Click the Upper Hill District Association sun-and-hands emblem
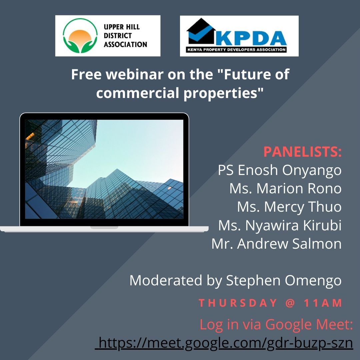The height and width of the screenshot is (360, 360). [80, 36]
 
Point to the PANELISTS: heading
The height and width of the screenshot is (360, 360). [302, 152]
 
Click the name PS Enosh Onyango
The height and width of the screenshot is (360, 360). [280, 170]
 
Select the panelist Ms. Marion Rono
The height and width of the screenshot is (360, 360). [285, 188]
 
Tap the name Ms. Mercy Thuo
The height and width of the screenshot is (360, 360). [289, 207]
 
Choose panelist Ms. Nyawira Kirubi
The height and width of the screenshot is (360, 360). [280, 225]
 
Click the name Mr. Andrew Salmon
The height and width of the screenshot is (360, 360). [276, 244]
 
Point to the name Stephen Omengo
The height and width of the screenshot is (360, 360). [284, 281]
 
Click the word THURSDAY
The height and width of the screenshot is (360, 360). [238, 303]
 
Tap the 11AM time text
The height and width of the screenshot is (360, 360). [323, 303]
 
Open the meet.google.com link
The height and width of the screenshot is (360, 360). [224, 343]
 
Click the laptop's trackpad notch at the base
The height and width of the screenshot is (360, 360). [104, 228]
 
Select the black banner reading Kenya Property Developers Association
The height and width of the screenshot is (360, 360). [236, 49]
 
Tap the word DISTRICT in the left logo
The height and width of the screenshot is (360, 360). [118, 36]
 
